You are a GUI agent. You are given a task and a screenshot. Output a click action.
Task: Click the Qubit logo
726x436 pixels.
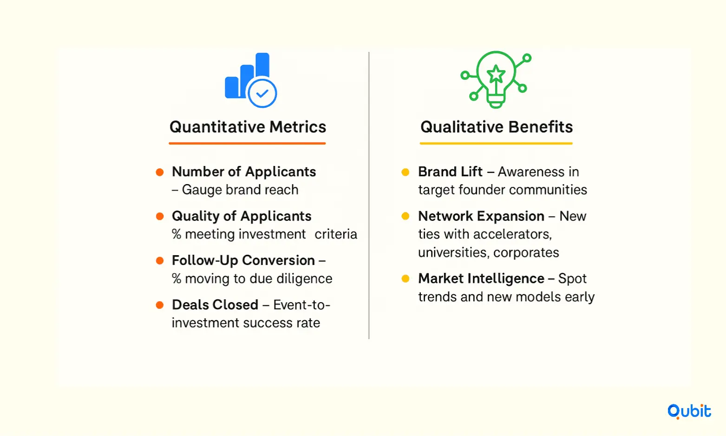click(x=689, y=411)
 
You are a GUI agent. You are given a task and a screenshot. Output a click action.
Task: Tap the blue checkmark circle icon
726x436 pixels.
click(x=262, y=93)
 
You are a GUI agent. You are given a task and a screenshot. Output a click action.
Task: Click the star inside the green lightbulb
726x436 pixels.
click(x=496, y=73)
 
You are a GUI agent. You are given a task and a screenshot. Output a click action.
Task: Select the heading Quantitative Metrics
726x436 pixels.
click(x=248, y=127)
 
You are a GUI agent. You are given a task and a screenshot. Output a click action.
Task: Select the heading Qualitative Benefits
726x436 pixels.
click(x=497, y=127)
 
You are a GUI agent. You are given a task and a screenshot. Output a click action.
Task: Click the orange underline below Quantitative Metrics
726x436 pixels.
click(x=247, y=143)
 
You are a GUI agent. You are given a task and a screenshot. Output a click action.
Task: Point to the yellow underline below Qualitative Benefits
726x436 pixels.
click(x=496, y=143)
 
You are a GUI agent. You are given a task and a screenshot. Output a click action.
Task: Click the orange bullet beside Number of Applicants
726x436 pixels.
click(x=159, y=172)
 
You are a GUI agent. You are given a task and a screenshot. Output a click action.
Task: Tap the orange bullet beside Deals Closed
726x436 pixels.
click(x=159, y=305)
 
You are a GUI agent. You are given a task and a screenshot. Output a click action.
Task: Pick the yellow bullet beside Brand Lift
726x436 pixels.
click(x=405, y=172)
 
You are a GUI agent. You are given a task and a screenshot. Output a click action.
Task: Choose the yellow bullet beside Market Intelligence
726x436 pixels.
click(x=405, y=279)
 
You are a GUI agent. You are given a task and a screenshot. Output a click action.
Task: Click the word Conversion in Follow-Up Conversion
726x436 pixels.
click(x=278, y=260)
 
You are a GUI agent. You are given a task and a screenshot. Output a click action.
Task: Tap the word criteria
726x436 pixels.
click(x=336, y=234)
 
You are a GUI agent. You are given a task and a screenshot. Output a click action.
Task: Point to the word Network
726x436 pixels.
click(x=445, y=216)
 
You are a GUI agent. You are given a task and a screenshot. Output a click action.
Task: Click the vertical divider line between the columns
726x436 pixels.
click(x=369, y=195)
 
